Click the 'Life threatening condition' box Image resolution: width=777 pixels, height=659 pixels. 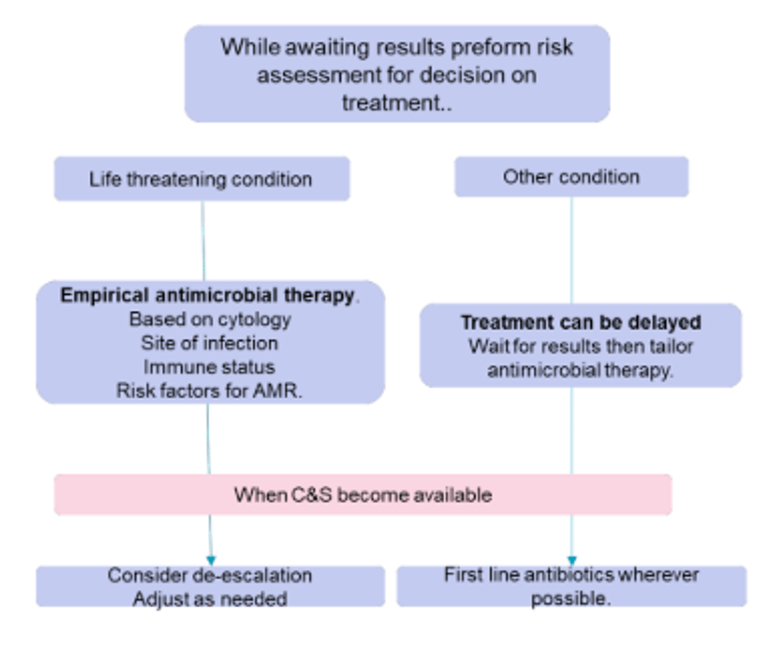coord(201,179)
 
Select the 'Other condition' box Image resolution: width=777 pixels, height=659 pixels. coord(571,177)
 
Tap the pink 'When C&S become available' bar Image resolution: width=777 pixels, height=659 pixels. coord(362,495)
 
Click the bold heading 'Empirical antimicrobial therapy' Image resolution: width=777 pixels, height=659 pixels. coord(208,295)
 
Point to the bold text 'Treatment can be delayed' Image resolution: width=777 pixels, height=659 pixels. coord(581,322)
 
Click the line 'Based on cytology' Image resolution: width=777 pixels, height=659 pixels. coord(210,319)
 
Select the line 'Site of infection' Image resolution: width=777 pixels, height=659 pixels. coord(209,343)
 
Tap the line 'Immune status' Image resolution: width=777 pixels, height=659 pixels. coord(209,367)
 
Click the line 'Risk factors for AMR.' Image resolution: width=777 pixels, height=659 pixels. coord(209,391)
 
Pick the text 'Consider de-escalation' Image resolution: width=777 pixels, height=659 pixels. coord(210,576)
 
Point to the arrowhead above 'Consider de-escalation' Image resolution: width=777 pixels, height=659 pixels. coord(211,560)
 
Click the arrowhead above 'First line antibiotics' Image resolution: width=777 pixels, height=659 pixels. coord(572,560)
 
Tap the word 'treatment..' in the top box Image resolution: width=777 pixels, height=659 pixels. coord(397,103)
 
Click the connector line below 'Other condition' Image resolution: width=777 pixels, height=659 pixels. coord(572,250)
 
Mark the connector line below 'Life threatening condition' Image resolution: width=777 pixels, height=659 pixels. coord(203,241)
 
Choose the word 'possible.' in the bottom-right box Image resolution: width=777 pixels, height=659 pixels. coord(571,599)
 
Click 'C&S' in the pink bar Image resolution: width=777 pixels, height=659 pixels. coord(311,495)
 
